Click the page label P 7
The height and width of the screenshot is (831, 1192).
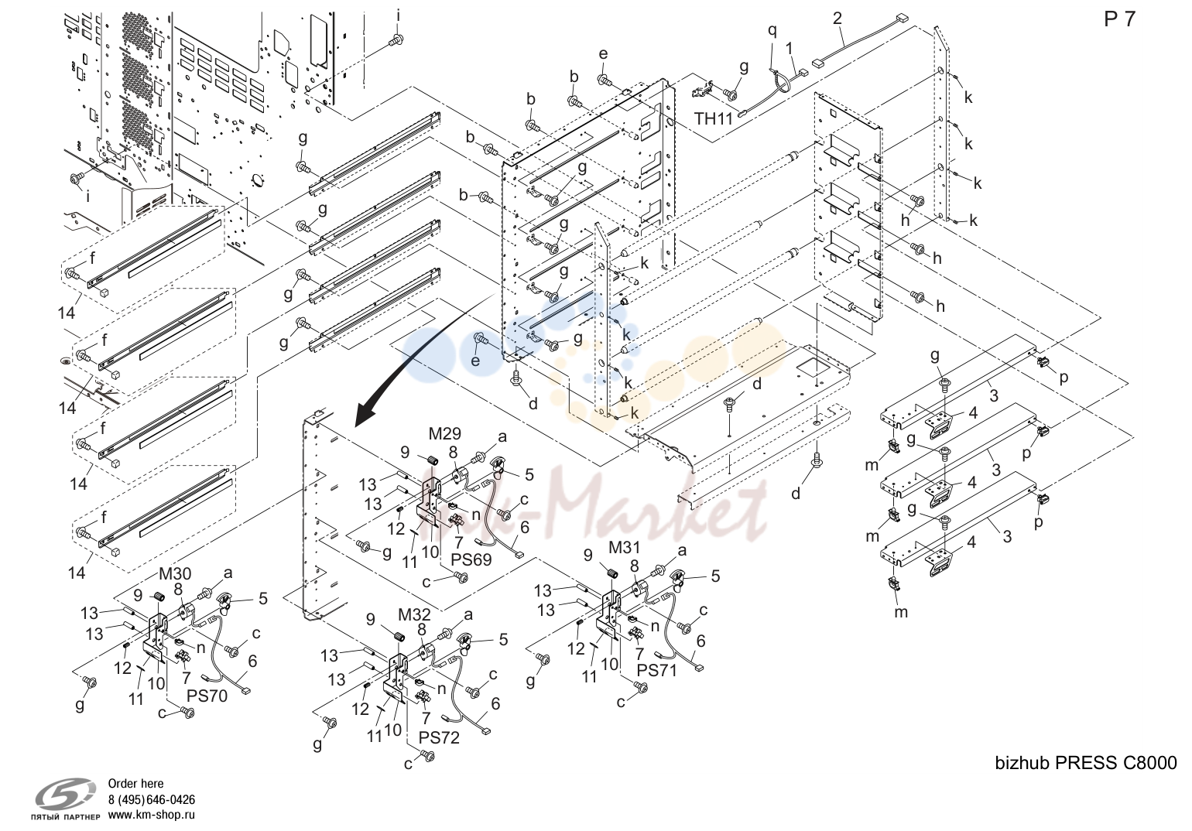coord(1119,19)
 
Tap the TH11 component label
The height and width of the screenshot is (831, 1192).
coord(714,118)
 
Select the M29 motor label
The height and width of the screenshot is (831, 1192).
coord(444,433)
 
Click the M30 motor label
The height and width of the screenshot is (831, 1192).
coord(175,573)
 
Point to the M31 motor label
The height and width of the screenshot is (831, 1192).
coord(624,548)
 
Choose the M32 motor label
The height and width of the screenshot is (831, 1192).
coord(415,614)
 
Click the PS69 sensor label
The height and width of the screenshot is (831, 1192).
coord(471,559)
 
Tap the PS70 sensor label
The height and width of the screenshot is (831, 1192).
coord(207,696)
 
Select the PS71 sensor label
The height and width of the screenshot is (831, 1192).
coord(657,670)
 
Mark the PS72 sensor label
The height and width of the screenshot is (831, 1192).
coord(439,737)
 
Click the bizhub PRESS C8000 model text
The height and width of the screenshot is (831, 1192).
coord(1086,764)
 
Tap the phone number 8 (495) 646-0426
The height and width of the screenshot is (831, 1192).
coord(152,799)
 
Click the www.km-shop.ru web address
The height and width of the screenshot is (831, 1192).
coord(152,815)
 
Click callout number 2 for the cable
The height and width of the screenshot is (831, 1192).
coord(837,19)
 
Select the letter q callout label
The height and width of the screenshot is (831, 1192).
coord(772,31)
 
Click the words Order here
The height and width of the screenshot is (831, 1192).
coord(135,784)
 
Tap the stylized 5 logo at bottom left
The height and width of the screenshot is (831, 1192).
coord(65,794)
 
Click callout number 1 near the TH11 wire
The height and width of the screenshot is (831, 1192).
coord(790,49)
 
